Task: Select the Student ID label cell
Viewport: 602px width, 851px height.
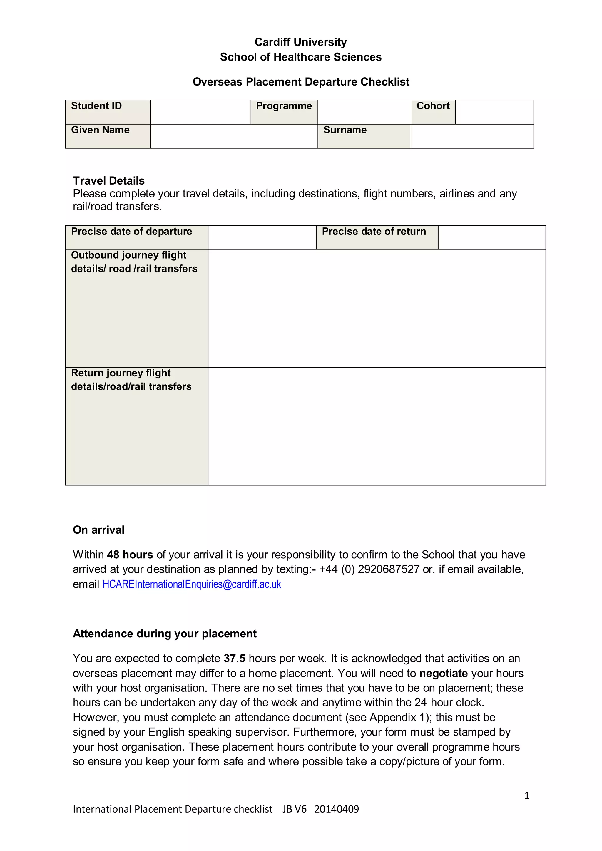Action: pos(108,112)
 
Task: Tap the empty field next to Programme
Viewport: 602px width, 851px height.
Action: pos(364,112)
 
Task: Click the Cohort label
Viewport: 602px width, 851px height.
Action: pos(433,106)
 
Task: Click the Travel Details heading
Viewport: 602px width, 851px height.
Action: pos(108,180)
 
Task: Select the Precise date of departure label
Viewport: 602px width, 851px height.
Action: pos(132,232)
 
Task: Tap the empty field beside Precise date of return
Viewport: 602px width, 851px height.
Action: pos(491,237)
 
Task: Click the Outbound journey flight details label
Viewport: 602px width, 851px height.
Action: pos(134,262)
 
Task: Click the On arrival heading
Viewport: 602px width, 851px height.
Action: pos(98,530)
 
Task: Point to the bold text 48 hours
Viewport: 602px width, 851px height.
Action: pos(130,555)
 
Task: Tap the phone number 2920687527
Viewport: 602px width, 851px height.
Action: pos(388,569)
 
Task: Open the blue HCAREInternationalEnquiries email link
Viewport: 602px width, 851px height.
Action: pos(192,584)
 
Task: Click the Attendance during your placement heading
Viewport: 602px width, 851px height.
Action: pos(165,634)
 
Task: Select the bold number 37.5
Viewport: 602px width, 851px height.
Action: pos(234,658)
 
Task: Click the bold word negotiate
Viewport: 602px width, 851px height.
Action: pos(443,673)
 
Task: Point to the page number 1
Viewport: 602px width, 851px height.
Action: pos(526,795)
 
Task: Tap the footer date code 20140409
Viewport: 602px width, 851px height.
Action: pos(336,809)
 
